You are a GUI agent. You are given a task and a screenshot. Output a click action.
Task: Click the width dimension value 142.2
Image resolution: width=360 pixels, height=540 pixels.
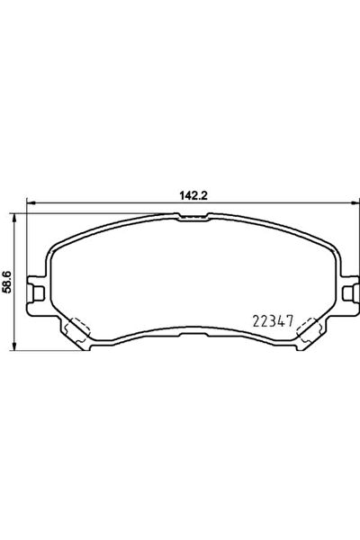[x=193, y=195]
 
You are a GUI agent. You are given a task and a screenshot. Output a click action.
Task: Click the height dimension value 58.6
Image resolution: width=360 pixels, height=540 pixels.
[x=7, y=283]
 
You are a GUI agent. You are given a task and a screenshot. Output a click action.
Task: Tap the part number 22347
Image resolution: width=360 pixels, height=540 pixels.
[x=273, y=321]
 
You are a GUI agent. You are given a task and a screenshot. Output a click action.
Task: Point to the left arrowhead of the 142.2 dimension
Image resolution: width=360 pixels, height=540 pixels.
[x=31, y=203]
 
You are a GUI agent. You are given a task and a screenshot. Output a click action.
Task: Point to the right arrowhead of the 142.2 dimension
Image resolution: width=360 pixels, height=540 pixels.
[x=355, y=203]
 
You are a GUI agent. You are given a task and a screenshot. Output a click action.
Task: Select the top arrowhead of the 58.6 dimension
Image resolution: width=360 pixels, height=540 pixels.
[x=13, y=218]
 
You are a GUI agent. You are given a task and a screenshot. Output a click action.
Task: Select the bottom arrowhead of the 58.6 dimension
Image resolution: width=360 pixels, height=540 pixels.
[x=13, y=346]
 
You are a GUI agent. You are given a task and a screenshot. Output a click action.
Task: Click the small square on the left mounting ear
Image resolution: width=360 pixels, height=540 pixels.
[x=39, y=293]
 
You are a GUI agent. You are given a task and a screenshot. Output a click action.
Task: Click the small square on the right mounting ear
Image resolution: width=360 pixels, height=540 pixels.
[x=348, y=293]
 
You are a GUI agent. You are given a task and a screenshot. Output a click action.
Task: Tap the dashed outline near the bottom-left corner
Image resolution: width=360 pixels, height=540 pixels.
[x=79, y=329]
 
